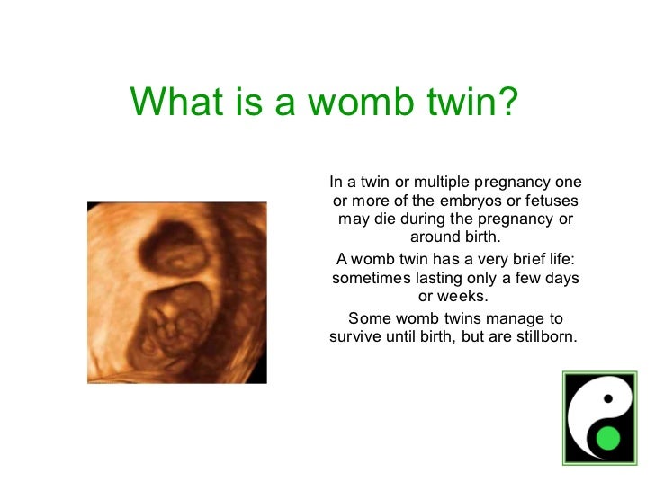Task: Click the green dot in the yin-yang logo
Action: (x=609, y=440)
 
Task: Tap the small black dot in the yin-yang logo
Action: (x=608, y=397)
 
